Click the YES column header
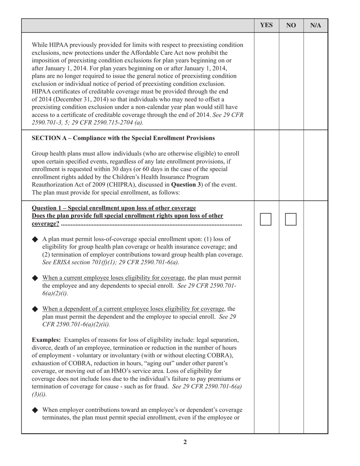[266, 25]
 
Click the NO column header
[291, 25]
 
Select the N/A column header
[316, 25]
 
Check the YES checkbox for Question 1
[266, 219]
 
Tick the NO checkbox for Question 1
[291, 219]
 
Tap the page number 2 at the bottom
[185, 442]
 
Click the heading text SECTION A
[123, 138]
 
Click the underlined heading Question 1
[114, 208]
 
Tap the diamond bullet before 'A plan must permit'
[35, 239]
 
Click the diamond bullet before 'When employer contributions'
[35, 410]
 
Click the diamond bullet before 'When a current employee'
[35, 278]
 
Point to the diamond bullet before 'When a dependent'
[35, 309]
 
